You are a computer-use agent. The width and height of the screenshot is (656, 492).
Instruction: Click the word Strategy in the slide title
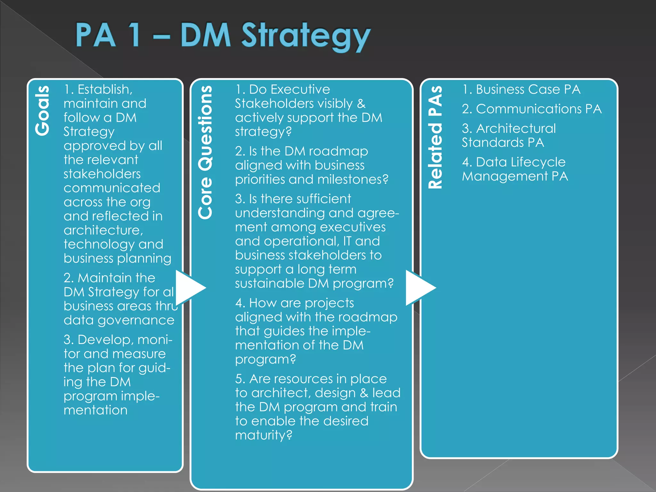306,36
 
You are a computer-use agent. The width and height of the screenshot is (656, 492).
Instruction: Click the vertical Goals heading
43,111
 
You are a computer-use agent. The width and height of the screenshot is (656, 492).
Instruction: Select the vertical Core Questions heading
205,152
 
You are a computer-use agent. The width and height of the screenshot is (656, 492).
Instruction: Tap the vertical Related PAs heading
435,137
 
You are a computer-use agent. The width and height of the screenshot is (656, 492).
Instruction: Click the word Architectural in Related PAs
516,128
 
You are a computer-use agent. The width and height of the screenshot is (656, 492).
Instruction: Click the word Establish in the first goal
105,89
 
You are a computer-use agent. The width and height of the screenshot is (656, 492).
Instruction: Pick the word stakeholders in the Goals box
102,174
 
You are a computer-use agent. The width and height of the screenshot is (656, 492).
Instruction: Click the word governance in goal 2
136,320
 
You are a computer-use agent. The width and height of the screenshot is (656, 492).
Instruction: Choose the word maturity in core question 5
263,435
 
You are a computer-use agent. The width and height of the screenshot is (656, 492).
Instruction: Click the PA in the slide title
95,36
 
